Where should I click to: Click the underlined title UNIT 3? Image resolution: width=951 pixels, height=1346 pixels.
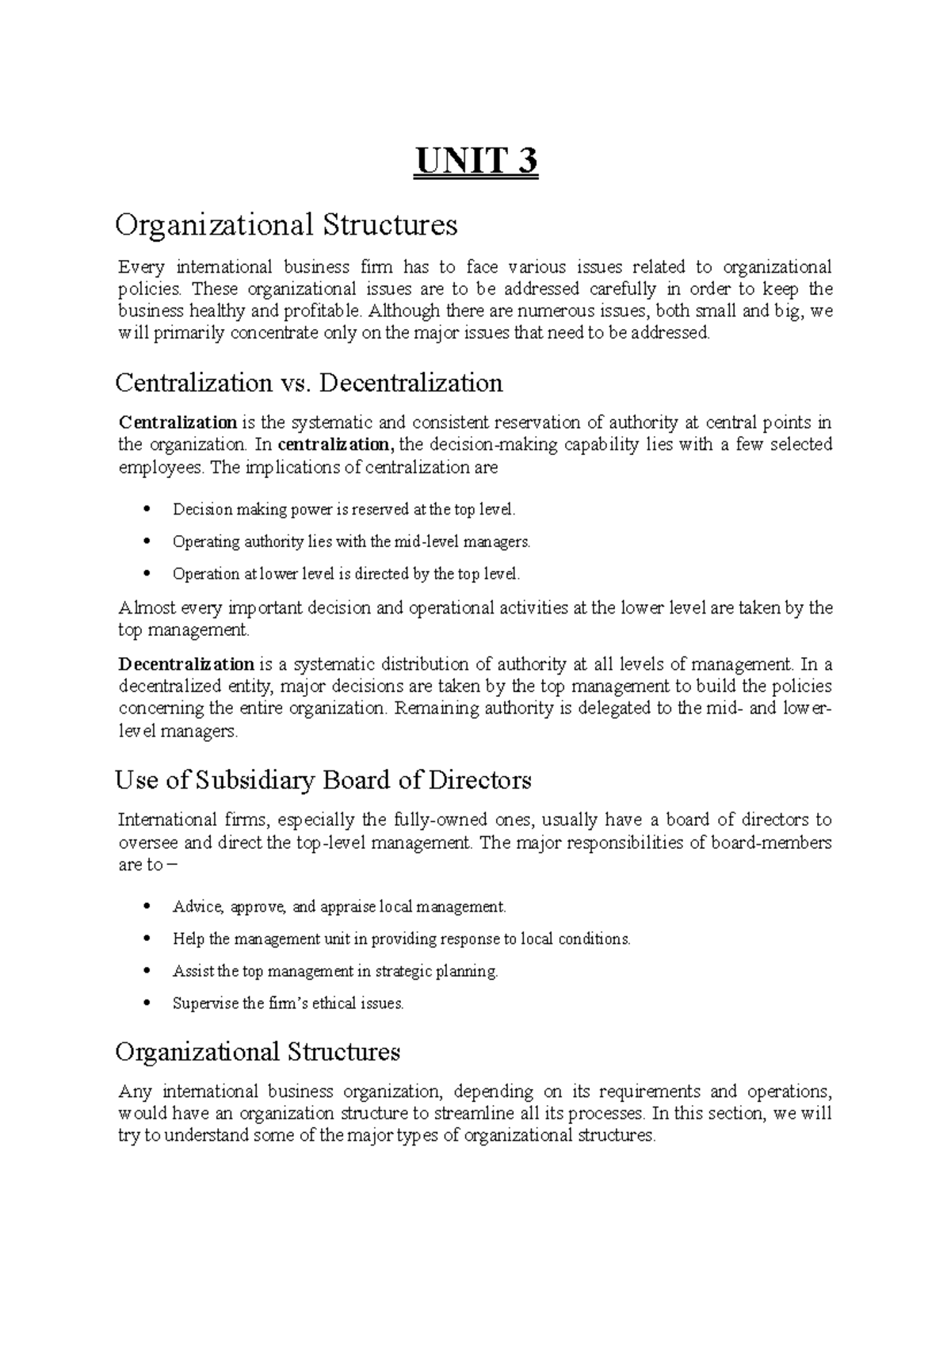click(x=475, y=163)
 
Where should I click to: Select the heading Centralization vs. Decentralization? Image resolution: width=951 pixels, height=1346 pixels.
click(x=308, y=384)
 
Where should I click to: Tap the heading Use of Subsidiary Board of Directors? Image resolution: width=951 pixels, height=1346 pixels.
click(x=323, y=781)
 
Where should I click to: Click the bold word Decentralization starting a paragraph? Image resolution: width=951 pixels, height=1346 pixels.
click(x=186, y=663)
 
